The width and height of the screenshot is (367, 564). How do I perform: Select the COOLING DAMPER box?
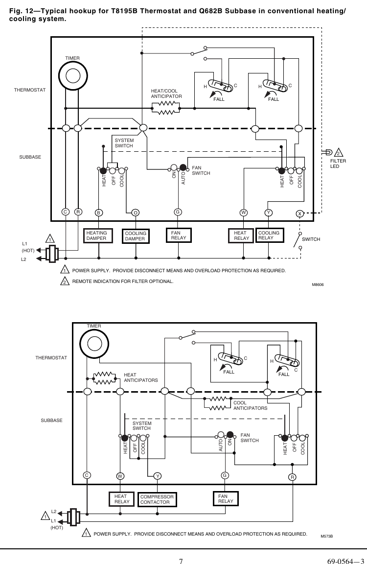click(x=136, y=236)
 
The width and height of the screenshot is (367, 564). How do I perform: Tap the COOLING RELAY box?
click(x=270, y=235)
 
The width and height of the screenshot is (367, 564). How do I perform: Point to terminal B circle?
click(x=99, y=212)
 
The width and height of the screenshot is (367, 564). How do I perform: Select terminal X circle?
click(x=300, y=213)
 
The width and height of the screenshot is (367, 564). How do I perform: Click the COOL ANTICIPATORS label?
click(x=250, y=405)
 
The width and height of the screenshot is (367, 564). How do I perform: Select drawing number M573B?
click(x=326, y=536)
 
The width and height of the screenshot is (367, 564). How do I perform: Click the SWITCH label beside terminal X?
click(x=311, y=239)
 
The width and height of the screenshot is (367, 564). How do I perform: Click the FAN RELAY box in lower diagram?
click(x=226, y=498)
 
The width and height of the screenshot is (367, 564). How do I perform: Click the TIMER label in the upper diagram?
click(x=72, y=58)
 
